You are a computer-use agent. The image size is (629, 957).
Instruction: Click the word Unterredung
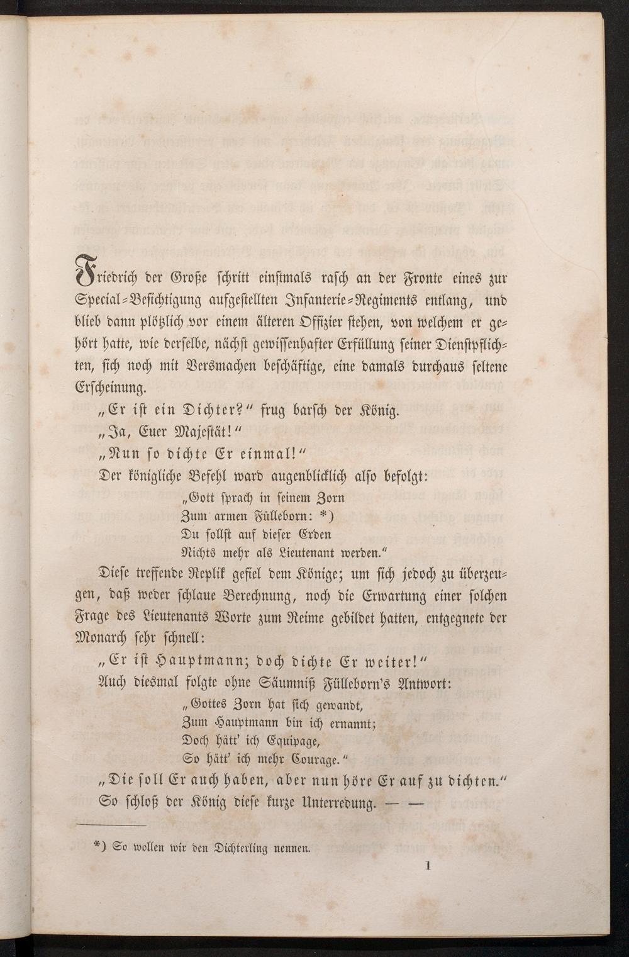tap(337, 803)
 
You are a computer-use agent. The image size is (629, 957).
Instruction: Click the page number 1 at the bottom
tap(427, 866)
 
